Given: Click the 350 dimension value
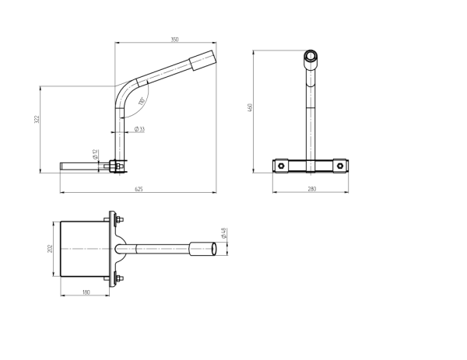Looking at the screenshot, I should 176,39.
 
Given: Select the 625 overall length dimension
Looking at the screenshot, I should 139,188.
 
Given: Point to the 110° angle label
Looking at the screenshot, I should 142,102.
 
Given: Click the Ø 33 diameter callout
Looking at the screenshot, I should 139,128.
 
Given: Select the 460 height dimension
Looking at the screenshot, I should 251,108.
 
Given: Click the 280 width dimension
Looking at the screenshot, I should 311,188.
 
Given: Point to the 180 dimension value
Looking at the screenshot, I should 86,292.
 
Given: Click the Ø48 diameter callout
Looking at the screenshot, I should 223,232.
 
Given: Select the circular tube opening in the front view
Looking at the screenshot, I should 311,56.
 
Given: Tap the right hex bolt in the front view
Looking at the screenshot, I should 340,165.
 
